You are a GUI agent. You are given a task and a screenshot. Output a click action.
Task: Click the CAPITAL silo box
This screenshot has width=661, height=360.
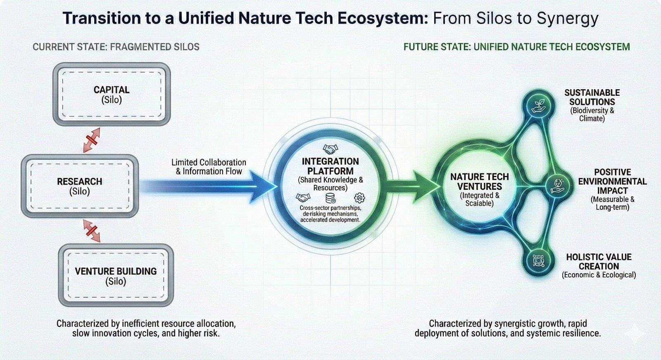tap(112, 94)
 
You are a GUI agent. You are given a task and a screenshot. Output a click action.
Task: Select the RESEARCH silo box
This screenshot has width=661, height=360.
tap(80, 186)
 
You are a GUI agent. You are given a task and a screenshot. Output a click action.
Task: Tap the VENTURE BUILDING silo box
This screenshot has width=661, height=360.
tap(116, 275)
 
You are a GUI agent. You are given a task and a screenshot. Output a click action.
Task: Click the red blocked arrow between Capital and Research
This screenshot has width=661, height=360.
tap(92, 140)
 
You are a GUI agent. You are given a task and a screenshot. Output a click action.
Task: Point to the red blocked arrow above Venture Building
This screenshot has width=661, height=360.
tap(92, 230)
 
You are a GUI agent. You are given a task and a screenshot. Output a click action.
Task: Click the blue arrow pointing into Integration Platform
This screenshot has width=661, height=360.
tap(207, 187)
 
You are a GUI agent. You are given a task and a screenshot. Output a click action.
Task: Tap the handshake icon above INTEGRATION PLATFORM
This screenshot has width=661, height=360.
tap(330, 149)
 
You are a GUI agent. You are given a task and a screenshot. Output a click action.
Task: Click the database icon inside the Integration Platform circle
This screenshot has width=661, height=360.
tap(330, 198)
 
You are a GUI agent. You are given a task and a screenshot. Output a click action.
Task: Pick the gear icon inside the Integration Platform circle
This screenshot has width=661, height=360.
tap(359, 198)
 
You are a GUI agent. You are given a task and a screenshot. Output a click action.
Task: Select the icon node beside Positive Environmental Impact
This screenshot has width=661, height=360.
tap(557, 186)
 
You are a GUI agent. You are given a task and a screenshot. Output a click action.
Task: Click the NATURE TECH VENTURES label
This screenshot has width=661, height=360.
tap(480, 182)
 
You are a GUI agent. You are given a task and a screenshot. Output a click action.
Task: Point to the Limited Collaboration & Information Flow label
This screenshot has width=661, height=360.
tap(209, 167)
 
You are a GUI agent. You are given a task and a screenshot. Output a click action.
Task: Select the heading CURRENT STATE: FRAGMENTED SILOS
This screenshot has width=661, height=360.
tap(116, 47)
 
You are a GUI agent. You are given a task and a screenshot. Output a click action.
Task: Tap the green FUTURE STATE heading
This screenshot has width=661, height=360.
tap(517, 47)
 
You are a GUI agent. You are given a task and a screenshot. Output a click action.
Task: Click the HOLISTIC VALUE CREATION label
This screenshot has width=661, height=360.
tap(599, 261)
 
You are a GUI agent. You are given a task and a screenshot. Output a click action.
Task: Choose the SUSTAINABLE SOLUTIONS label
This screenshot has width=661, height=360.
tap(592, 97)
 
